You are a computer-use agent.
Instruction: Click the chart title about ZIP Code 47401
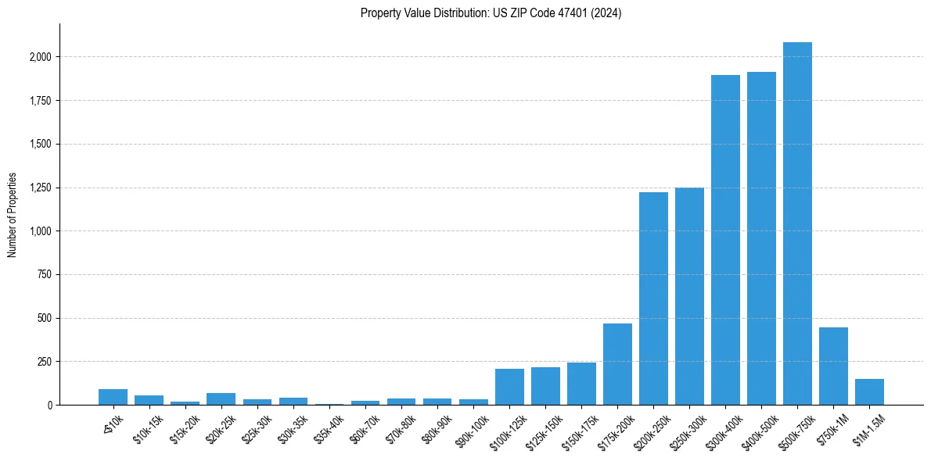tap(491, 13)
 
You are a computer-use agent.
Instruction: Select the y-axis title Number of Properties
tap(13, 215)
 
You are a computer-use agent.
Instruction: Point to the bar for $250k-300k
tap(689, 296)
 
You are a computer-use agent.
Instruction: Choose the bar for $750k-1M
tap(833, 366)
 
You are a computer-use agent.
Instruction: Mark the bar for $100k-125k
tap(509, 387)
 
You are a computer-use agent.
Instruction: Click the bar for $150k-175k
tap(581, 384)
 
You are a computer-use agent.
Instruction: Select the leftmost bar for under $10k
tap(113, 397)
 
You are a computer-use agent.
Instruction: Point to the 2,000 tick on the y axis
tap(41, 57)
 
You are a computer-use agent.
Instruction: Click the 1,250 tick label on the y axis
tap(41, 188)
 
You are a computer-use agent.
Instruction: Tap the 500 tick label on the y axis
tap(45, 318)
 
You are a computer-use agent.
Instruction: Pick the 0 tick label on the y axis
tap(49, 406)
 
